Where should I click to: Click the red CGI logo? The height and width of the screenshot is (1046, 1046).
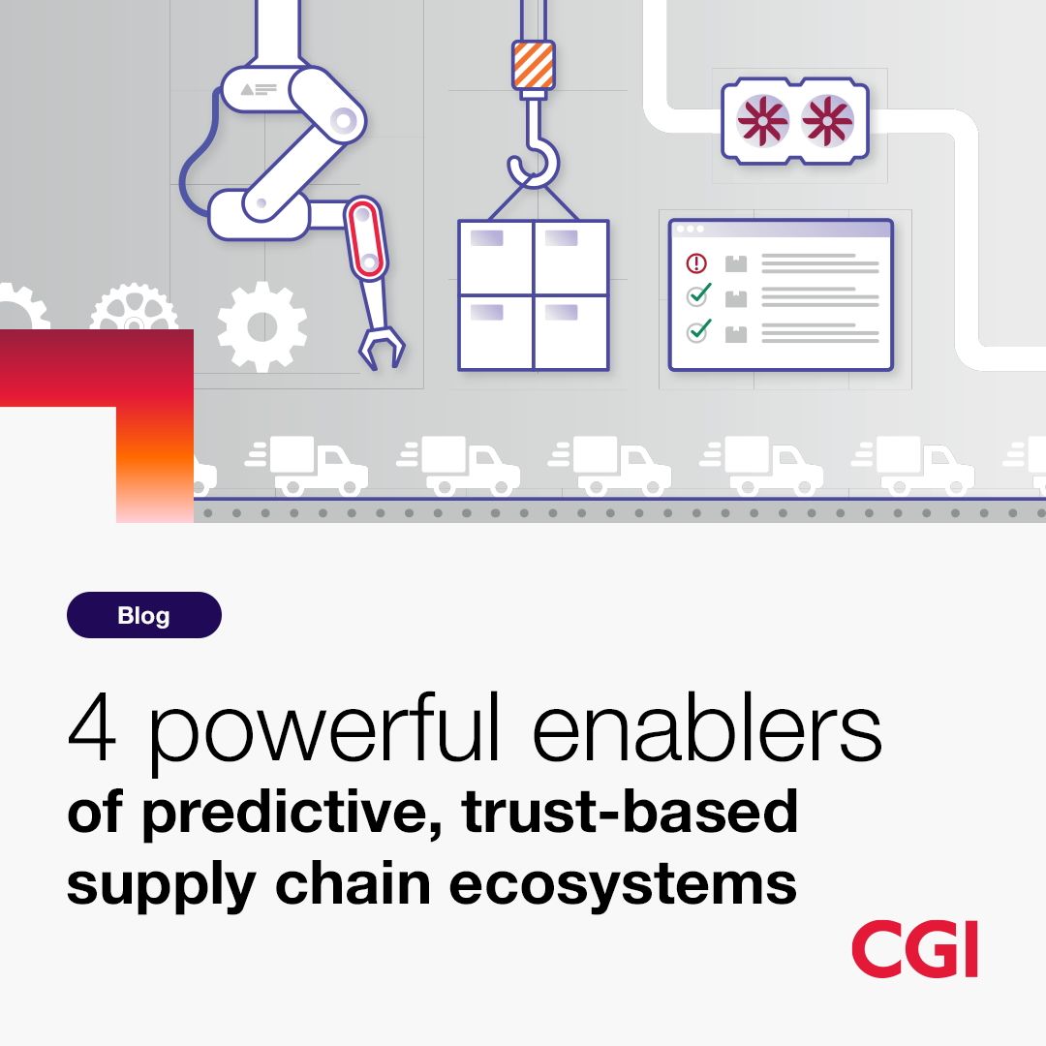click(914, 948)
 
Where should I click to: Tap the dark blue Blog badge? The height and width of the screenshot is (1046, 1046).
click(144, 615)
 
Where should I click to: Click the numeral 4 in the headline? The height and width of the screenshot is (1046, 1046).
click(93, 726)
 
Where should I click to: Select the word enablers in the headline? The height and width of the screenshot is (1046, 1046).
click(707, 726)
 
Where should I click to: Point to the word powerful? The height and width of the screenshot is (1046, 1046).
click(323, 731)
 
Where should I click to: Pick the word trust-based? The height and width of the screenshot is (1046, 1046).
click(630, 812)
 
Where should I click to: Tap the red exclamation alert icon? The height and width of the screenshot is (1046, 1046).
click(696, 262)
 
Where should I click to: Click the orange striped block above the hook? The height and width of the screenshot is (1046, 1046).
click(534, 65)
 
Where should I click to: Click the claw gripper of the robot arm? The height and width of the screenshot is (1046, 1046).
click(382, 347)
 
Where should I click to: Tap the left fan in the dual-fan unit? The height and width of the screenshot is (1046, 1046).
click(762, 121)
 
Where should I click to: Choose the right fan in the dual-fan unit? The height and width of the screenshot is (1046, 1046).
click(827, 121)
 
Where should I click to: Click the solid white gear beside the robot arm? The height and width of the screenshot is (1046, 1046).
click(262, 327)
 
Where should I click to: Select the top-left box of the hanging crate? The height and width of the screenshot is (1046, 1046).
click(496, 258)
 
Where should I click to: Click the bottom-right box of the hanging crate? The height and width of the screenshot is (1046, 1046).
click(571, 331)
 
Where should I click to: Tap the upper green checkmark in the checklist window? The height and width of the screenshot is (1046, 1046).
click(698, 293)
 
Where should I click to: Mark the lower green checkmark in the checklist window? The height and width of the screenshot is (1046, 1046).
click(698, 329)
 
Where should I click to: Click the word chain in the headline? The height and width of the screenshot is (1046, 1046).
click(353, 883)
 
